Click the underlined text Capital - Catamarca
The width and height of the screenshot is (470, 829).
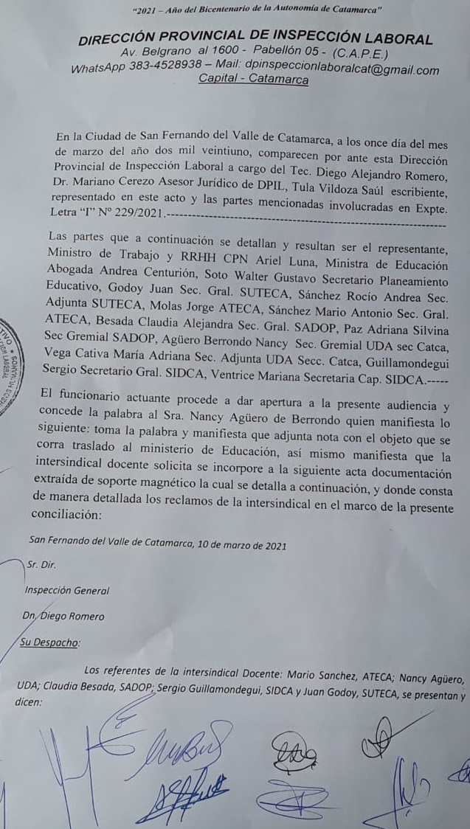tap(254, 80)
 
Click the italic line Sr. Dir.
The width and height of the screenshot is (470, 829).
tap(40, 565)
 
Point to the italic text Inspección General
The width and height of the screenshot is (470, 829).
tap(67, 590)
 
